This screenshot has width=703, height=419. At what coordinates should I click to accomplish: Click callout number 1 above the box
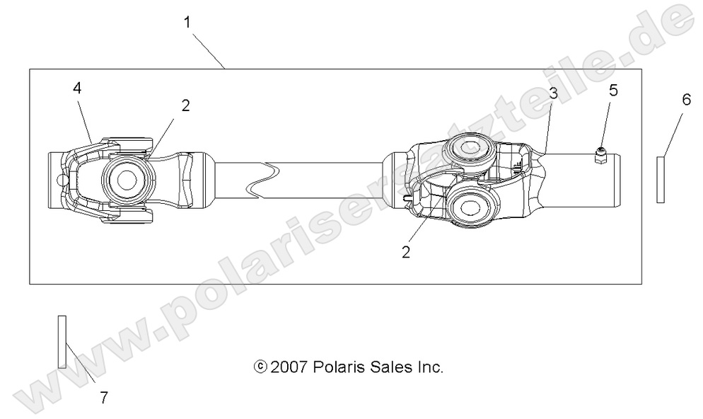coord(187,22)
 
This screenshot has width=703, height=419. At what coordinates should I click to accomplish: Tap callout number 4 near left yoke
coord(76,88)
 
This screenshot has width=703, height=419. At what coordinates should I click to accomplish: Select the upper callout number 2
coord(185,105)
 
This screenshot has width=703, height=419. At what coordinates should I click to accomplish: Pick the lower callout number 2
coord(406,251)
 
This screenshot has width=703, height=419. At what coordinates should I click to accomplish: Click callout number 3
coord(553,93)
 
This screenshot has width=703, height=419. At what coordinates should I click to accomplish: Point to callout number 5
coord(614,90)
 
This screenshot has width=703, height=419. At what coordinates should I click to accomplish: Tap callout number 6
coord(685,100)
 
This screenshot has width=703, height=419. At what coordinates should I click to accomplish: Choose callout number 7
coord(104,398)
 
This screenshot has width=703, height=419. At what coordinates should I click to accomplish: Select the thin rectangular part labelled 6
coord(661,180)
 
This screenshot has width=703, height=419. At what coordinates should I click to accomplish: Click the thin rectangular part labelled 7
coord(62,342)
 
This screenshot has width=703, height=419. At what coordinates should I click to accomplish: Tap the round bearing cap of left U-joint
coord(127,179)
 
